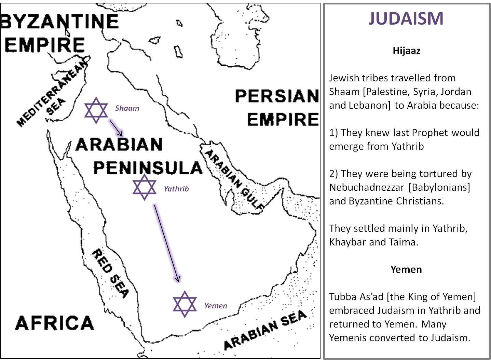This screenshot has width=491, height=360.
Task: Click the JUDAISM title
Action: click(x=406, y=18)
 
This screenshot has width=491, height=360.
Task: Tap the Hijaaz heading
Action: click(x=406, y=51)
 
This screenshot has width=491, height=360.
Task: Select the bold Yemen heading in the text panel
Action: click(x=406, y=269)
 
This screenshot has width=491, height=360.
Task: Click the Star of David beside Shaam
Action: click(x=96, y=110)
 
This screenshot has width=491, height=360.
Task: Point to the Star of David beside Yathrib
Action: click(x=145, y=187)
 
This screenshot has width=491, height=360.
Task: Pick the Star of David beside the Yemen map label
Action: click(x=185, y=304)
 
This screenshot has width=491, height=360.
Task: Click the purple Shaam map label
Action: click(x=127, y=108)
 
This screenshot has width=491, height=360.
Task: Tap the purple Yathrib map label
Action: click(x=176, y=189)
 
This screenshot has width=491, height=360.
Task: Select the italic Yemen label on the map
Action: click(x=216, y=306)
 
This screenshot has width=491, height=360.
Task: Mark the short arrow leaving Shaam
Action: click(x=116, y=128)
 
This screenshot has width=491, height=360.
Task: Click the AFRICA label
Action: click(x=55, y=323)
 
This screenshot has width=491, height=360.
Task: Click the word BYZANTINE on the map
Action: click(x=60, y=22)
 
